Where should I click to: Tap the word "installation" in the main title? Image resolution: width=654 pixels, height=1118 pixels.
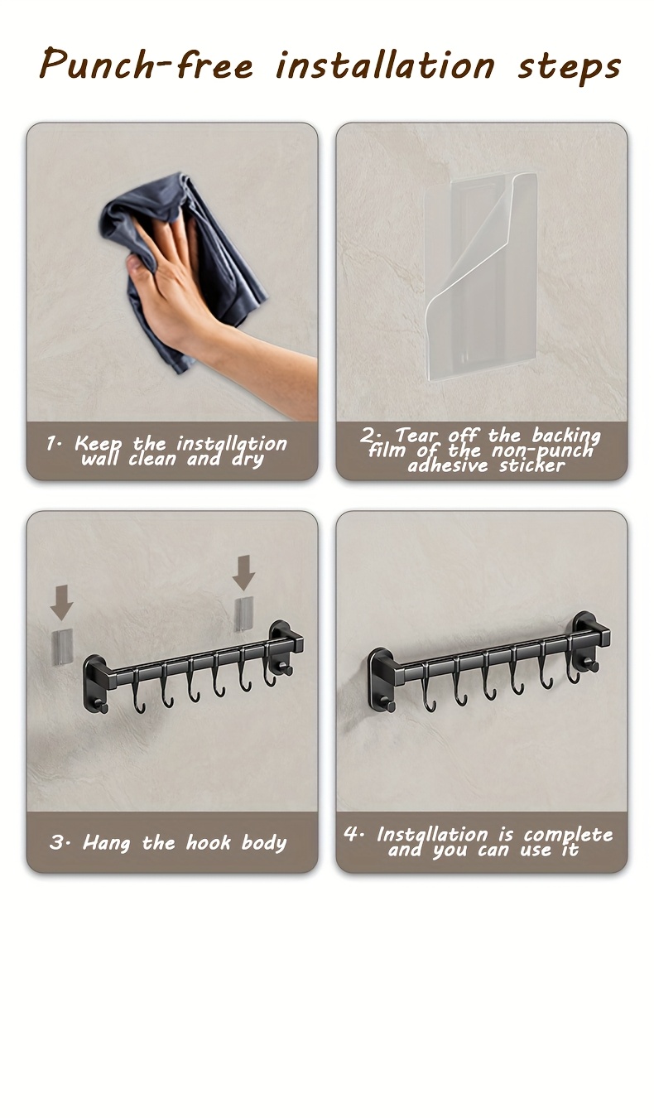click(x=385, y=65)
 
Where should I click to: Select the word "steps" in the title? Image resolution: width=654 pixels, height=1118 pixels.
click(x=570, y=66)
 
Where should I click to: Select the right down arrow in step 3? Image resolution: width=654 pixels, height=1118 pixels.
click(x=243, y=572)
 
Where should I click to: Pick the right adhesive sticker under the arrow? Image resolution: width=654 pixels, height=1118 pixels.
click(x=243, y=613)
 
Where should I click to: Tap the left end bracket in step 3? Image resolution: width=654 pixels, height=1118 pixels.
click(x=95, y=682)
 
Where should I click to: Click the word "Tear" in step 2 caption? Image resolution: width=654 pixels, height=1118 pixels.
click(x=417, y=436)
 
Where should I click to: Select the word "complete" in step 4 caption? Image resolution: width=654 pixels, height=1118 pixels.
click(x=568, y=835)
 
